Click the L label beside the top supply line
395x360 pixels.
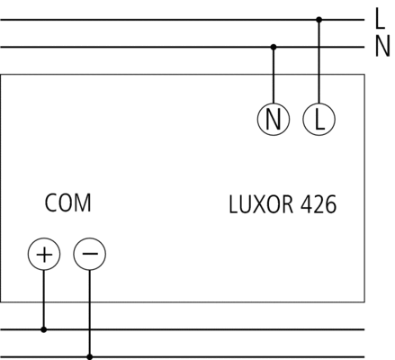click(x=380, y=19)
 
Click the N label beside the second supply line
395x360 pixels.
click(x=382, y=46)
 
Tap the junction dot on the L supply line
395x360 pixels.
click(x=319, y=20)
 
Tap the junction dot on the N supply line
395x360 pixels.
click(x=274, y=47)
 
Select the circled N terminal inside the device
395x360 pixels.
click(x=274, y=119)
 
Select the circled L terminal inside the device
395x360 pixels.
click(x=319, y=119)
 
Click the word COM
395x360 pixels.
click(x=67, y=203)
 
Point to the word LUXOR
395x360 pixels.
click(x=261, y=204)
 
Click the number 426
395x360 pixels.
click(x=319, y=204)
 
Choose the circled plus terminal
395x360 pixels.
click(x=44, y=254)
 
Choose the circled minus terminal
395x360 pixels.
click(x=90, y=254)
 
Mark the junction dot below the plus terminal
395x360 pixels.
click(x=44, y=329)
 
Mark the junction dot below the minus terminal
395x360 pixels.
click(x=89, y=357)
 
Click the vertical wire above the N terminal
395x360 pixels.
click(x=274, y=75)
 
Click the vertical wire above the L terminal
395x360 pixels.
click(x=319, y=61)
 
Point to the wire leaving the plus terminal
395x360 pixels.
click(x=44, y=300)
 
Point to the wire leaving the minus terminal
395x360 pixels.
click(x=89, y=313)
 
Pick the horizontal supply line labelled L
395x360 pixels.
click(x=183, y=20)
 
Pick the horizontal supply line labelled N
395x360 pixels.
click(x=183, y=47)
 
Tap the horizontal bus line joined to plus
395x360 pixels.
click(x=183, y=329)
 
